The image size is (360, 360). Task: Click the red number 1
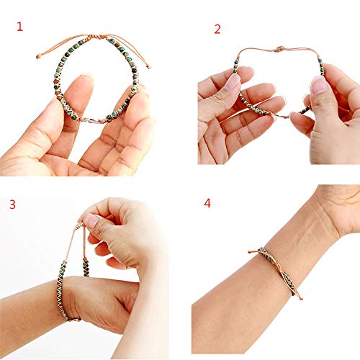19,27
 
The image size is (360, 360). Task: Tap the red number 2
217,29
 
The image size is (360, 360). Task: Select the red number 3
12,204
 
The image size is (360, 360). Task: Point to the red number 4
207,203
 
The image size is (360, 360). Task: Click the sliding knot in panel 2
279,49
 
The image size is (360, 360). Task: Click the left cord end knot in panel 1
37,57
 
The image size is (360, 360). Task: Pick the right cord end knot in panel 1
149,67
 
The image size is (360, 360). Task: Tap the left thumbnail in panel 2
233,81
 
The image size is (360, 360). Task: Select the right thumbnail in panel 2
319,86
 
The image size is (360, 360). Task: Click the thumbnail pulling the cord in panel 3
91,220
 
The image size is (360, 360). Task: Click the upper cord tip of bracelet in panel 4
250,251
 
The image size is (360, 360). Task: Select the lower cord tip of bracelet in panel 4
301,298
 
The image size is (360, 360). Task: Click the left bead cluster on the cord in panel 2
235,66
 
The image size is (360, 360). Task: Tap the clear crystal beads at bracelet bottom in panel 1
92,120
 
